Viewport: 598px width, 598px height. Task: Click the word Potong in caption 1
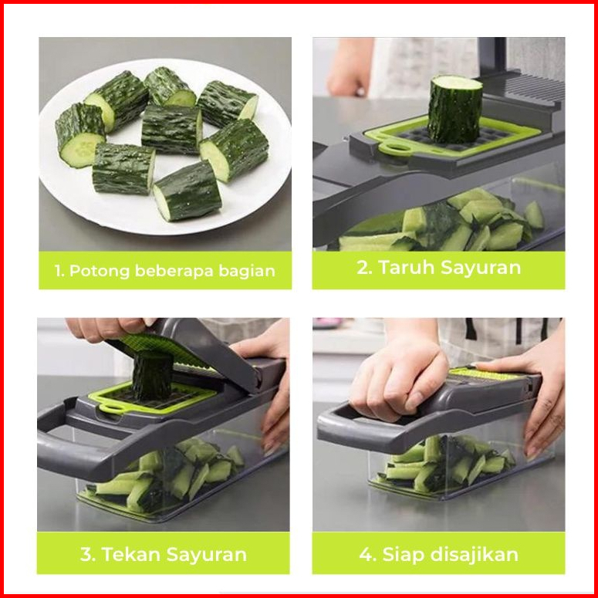[x=100, y=272]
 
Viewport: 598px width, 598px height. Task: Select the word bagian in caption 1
[x=247, y=271]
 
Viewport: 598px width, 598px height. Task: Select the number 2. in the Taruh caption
[x=365, y=267]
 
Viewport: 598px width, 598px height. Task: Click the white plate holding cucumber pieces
[x=165, y=146]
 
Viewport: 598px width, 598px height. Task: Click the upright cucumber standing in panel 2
[x=454, y=109]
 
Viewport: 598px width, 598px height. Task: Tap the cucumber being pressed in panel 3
[x=153, y=376]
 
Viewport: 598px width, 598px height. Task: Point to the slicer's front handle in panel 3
[x=69, y=450]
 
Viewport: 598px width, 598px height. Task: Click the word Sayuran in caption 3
[x=207, y=554]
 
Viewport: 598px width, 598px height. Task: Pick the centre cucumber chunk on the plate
[x=171, y=130]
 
